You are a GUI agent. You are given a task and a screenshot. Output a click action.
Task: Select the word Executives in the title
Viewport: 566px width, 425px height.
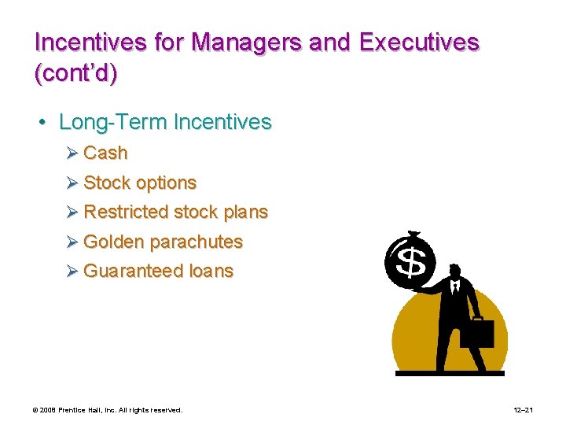(418, 42)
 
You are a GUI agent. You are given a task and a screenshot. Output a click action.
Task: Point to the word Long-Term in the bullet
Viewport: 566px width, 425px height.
(113, 122)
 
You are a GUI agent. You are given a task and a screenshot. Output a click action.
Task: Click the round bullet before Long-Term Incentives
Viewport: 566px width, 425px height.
(42, 123)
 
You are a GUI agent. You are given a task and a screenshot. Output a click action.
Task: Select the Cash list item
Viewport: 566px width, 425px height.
(105, 153)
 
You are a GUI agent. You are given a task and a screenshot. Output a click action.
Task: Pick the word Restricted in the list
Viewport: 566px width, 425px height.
(126, 212)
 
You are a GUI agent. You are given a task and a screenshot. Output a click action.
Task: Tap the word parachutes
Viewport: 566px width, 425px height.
(196, 242)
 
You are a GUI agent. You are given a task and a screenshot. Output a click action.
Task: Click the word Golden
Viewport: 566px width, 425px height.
(113, 242)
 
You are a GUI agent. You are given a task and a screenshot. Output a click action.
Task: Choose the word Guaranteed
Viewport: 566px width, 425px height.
(134, 271)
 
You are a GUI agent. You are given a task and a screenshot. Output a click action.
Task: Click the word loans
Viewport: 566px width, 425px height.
(211, 271)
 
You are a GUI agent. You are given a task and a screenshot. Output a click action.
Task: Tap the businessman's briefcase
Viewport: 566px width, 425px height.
(476, 334)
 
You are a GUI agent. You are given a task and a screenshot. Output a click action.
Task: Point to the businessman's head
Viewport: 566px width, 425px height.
(454, 270)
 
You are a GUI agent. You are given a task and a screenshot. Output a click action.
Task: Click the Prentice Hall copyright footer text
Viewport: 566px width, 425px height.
(107, 410)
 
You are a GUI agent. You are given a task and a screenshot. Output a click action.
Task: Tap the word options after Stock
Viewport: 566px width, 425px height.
(166, 183)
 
